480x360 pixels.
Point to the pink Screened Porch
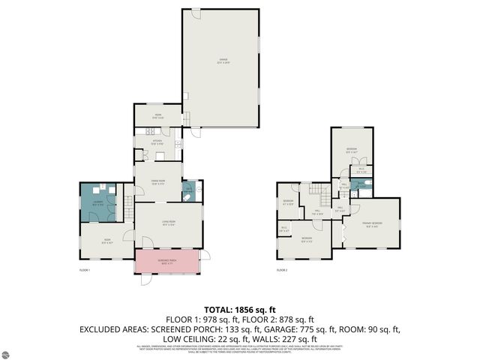tap(167, 262)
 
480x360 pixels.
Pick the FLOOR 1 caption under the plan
tap(83, 270)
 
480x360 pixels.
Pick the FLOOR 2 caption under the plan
tap(282, 270)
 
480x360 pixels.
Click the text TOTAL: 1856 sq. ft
tap(240, 309)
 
